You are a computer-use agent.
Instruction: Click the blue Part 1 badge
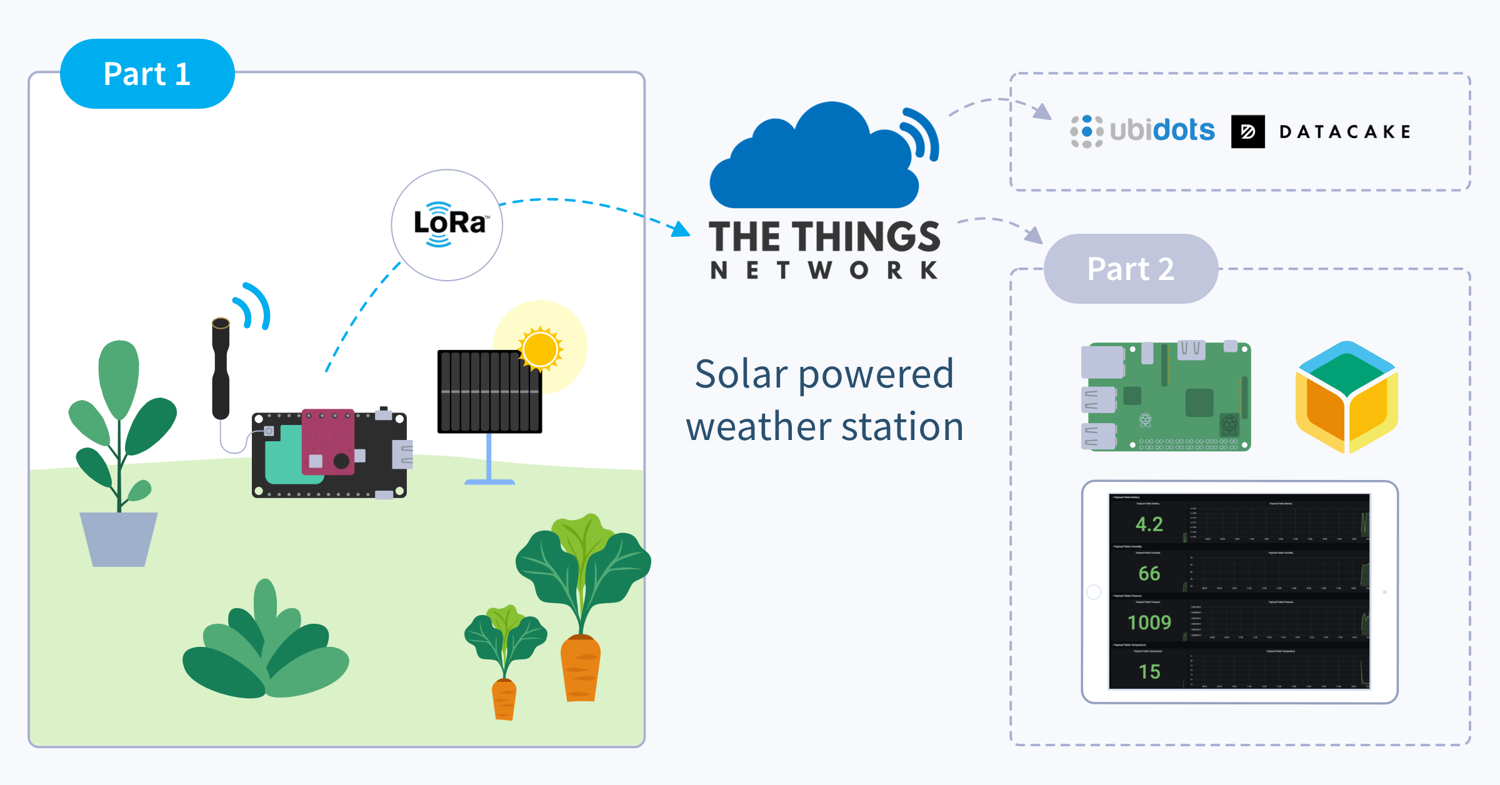[x=147, y=74]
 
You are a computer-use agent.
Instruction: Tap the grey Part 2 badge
[x=1131, y=269]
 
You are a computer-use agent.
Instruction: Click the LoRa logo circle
[x=447, y=225]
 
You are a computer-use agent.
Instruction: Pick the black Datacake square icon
[x=1247, y=131]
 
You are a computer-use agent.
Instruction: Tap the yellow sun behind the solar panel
[x=541, y=349]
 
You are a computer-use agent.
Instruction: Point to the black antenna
[x=221, y=369]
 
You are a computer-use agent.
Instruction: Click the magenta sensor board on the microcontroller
[x=328, y=441]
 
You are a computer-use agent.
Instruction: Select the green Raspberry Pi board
[x=1166, y=396]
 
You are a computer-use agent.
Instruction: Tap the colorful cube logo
[x=1347, y=396]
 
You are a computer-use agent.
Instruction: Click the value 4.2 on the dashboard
[x=1149, y=524]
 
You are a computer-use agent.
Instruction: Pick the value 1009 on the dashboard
[x=1149, y=622]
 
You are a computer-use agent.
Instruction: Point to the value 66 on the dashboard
[x=1149, y=573]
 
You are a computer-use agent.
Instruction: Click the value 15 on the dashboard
[x=1149, y=671]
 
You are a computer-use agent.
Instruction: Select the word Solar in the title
[x=741, y=374]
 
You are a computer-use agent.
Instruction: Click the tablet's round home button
[x=1094, y=592]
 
